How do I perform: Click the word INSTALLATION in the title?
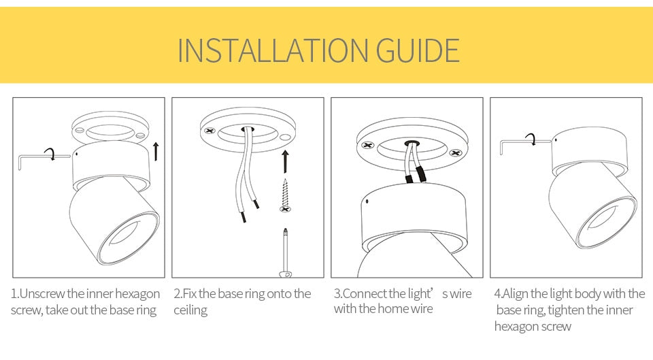273,50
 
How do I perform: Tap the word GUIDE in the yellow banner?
418,50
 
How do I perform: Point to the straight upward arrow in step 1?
156,151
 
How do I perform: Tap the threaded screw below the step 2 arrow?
285,195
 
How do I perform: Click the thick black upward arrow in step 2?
285,161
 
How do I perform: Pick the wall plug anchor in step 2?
285,252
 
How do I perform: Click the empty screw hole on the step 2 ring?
285,137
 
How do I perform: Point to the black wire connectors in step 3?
415,176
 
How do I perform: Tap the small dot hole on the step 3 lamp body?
367,202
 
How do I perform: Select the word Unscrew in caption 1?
42,294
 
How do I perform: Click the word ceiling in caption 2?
190,310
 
